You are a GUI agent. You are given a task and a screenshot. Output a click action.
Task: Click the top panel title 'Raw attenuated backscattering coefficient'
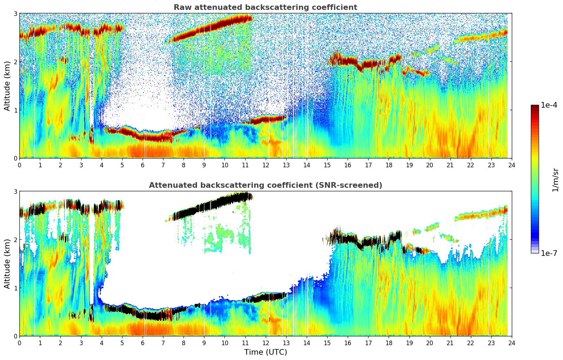265,7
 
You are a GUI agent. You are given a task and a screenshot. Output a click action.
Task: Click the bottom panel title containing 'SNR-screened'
265,185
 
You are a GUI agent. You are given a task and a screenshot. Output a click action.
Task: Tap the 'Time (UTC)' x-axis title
265,352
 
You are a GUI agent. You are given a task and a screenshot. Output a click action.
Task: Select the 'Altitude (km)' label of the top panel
7,86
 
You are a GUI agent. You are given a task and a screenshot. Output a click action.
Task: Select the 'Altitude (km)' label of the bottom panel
7,264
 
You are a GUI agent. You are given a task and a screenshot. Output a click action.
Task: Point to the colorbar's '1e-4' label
549,105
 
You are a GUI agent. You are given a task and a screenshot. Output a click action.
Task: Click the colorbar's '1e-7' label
549,253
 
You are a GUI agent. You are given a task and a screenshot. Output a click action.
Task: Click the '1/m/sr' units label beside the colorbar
555,180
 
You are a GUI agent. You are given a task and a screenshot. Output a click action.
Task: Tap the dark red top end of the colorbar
535,107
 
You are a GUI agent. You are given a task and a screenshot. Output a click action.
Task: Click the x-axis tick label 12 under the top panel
265,165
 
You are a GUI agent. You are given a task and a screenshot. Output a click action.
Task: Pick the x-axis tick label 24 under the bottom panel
511,343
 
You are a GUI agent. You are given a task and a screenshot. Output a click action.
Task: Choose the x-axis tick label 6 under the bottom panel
143,343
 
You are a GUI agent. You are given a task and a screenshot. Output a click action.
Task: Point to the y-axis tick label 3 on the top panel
16,13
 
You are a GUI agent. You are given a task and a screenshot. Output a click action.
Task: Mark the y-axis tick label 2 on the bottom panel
16,240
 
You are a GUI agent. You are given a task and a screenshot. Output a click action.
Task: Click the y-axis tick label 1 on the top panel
16,110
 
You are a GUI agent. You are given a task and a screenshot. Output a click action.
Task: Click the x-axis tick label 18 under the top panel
389,165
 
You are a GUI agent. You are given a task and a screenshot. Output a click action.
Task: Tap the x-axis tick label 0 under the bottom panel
19,343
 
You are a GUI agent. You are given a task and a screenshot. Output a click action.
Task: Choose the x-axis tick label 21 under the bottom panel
450,343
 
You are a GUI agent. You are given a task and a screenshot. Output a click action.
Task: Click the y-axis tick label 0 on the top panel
16,158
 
